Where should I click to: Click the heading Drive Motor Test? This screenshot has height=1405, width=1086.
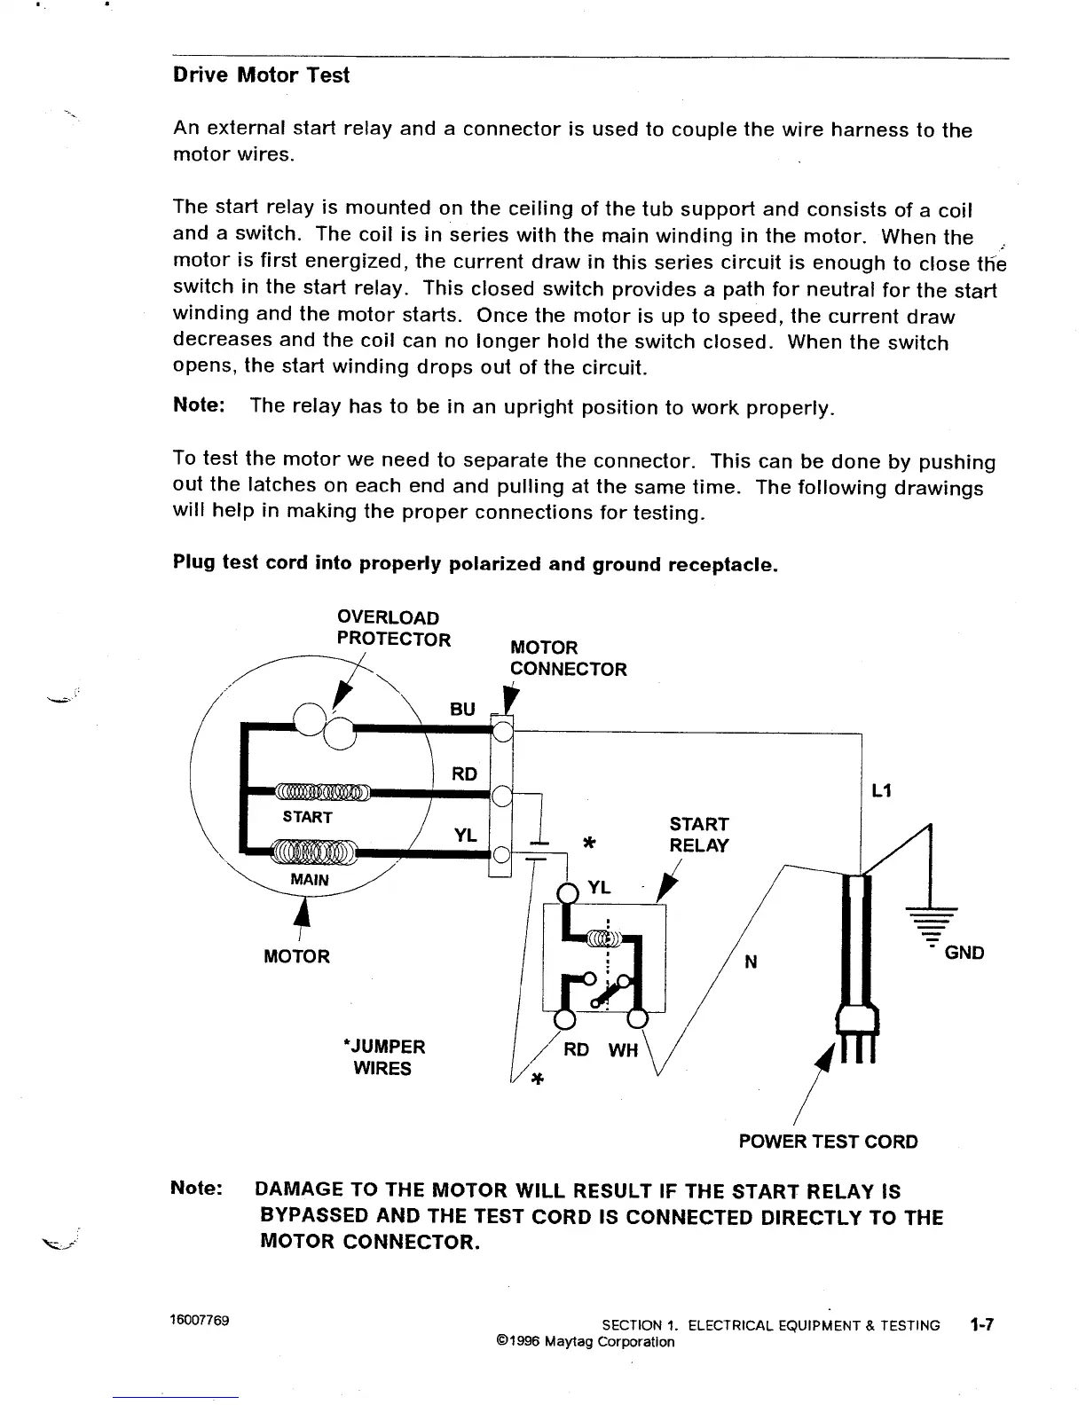(261, 75)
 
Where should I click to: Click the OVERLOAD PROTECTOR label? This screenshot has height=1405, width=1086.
(392, 628)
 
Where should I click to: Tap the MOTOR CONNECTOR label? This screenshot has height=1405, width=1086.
(568, 658)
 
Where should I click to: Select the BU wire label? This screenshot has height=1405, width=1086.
(462, 710)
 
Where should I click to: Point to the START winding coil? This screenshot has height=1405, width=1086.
(319, 791)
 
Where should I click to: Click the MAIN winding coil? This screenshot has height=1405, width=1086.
(314, 852)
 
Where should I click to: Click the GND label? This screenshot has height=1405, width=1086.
(964, 953)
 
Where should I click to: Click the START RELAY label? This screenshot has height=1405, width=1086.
(699, 835)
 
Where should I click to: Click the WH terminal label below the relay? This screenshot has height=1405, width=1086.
(623, 1050)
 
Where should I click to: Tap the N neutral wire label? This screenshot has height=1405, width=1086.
(751, 962)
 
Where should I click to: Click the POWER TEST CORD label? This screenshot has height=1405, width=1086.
(828, 1142)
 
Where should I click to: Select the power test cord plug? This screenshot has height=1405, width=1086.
(857, 1029)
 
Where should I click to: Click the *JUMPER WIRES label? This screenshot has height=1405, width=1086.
(383, 1057)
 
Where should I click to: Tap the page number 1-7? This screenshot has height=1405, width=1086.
(983, 1325)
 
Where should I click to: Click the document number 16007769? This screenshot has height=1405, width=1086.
(200, 1320)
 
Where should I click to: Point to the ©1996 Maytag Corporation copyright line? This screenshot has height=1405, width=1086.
(586, 1341)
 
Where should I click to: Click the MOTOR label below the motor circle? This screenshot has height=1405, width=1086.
(296, 956)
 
